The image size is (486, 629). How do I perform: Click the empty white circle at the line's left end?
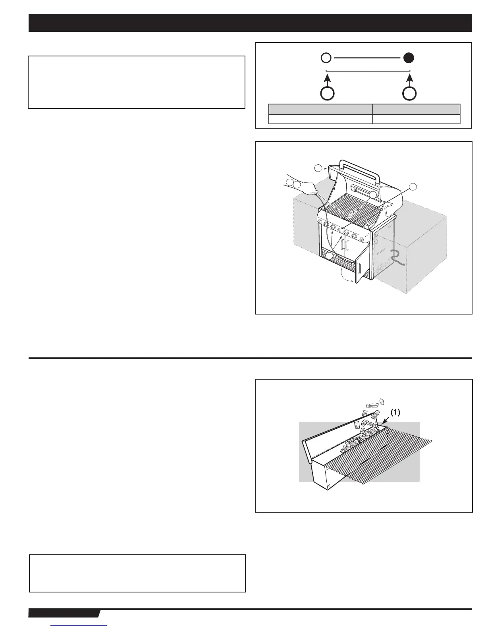(x=326, y=58)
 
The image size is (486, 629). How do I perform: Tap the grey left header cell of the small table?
(x=320, y=109)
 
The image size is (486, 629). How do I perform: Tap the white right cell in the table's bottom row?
(x=416, y=119)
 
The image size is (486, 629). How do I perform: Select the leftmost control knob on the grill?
(x=320, y=226)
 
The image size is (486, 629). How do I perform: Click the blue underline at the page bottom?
(x=79, y=626)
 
